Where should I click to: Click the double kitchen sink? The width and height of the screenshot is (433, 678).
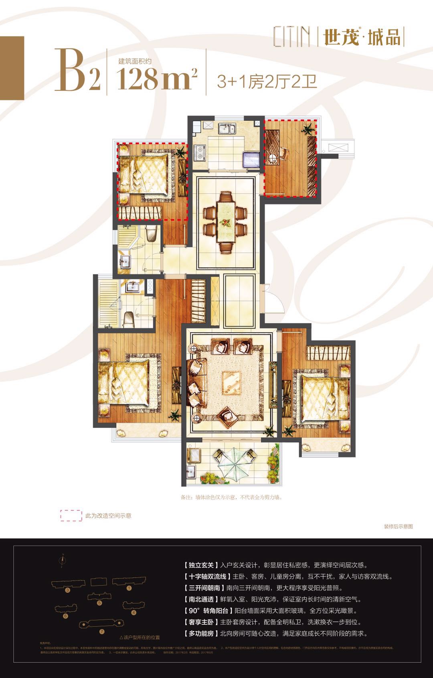pyautogui.click(x=227, y=129)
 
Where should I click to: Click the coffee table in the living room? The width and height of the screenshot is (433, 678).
pyautogui.click(x=233, y=379)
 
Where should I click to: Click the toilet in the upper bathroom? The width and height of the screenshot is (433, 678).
pyautogui.click(x=152, y=233)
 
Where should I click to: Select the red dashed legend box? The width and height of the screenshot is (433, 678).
pyautogui.click(x=71, y=516)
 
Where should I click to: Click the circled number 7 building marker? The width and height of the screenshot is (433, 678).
pyautogui.click(x=102, y=631)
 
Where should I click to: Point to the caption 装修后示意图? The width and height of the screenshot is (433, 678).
pyautogui.click(x=398, y=526)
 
